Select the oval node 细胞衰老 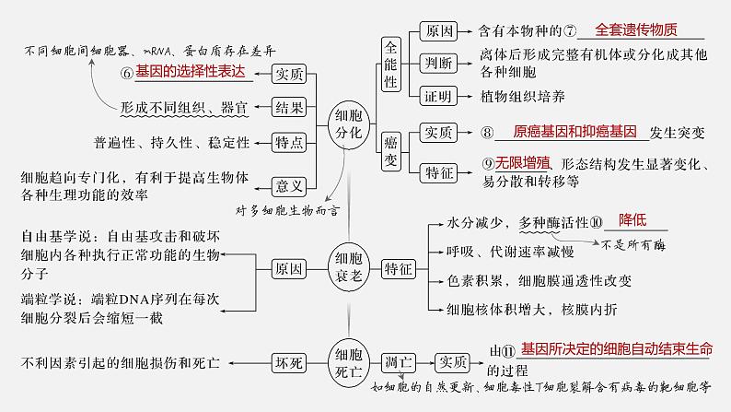coord(348,270)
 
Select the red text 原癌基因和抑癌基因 coord(562,132)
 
